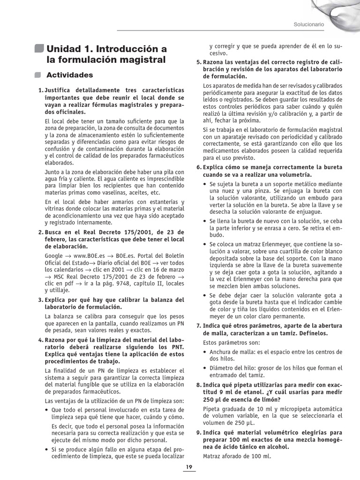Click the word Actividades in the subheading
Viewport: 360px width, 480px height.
pos(69,75)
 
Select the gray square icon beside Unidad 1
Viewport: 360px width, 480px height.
pos(39,48)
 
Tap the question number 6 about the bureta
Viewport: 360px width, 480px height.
pos(199,167)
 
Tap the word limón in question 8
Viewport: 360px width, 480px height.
pos(269,400)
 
